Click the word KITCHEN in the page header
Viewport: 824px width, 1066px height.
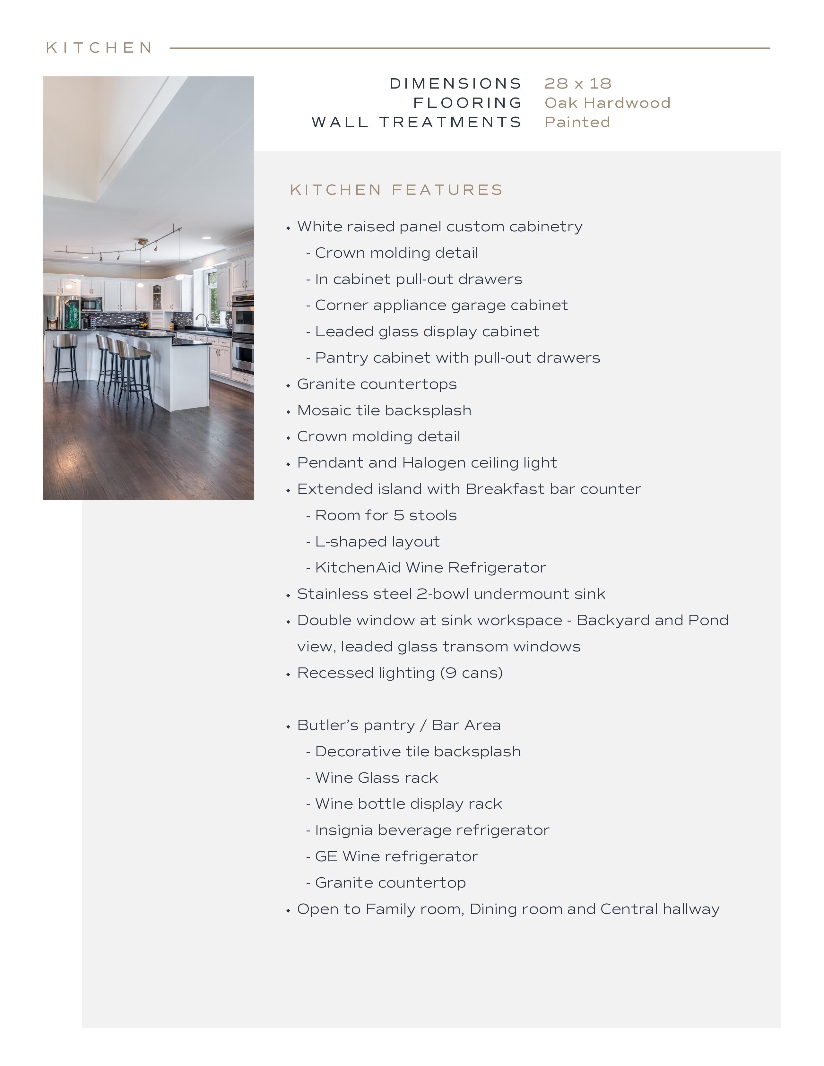[x=99, y=48]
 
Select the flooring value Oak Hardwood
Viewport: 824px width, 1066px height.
[x=607, y=103]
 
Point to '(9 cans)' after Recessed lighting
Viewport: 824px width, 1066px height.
[x=471, y=673]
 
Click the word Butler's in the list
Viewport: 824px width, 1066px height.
[x=326, y=725]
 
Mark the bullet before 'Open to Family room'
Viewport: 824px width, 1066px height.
[x=288, y=910]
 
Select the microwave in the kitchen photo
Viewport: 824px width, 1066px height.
[x=91, y=304]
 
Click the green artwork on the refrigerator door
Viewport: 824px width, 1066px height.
[x=72, y=314]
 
